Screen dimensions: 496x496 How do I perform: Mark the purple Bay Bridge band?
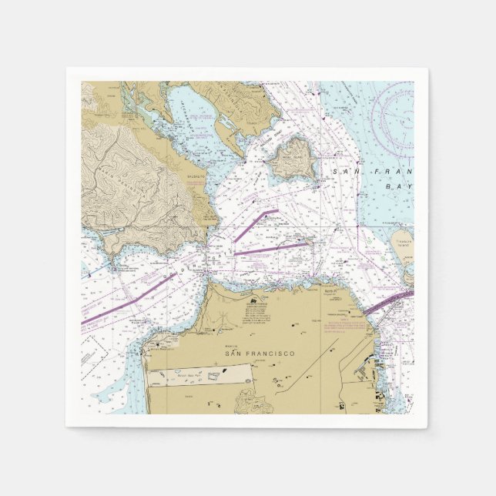(x=389, y=301)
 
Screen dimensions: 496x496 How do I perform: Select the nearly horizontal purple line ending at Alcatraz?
(x=270, y=249)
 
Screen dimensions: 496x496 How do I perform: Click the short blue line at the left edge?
(x=86, y=272)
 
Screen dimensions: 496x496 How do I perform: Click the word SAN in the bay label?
(x=344, y=174)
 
